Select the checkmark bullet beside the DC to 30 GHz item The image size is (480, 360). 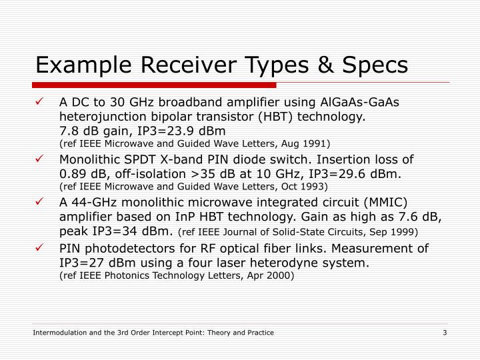[41, 102]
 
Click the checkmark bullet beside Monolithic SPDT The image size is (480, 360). [41, 160]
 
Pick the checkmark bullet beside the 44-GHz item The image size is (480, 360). [41, 202]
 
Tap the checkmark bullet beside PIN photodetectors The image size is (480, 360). [41, 248]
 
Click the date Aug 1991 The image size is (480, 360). [307, 143]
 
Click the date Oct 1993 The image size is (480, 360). [306, 187]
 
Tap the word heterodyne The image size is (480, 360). [289, 262]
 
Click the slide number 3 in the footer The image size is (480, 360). [444, 351]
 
